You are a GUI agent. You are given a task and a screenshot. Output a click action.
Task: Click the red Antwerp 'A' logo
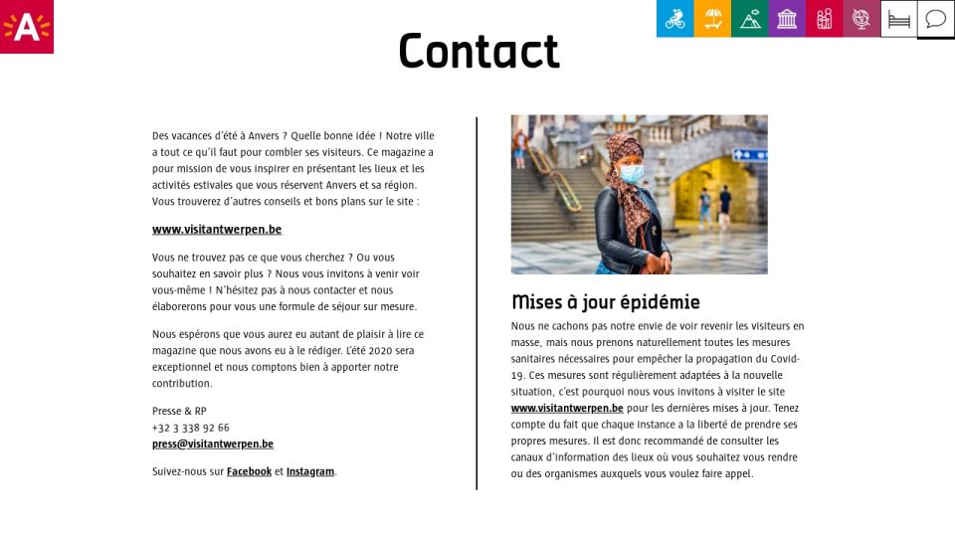click(x=27, y=27)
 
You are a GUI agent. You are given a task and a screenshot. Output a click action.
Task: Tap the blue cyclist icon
click(x=674, y=19)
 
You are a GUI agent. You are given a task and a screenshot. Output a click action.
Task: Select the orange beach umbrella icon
click(x=712, y=19)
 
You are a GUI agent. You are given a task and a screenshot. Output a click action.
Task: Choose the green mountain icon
click(x=750, y=19)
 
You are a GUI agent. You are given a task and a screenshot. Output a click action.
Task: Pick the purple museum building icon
click(x=787, y=19)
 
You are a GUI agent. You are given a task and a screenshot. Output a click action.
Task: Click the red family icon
click(x=824, y=19)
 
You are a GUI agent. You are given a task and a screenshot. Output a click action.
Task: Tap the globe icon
click(x=861, y=19)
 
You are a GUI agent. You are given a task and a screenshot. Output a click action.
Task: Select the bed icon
click(x=898, y=19)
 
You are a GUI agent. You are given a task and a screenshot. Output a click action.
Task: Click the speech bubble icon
click(x=935, y=19)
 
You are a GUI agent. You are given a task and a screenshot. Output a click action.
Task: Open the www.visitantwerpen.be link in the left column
click(x=217, y=230)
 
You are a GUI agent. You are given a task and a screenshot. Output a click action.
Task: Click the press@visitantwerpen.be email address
click(x=213, y=445)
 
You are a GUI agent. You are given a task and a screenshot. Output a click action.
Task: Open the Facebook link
click(x=249, y=471)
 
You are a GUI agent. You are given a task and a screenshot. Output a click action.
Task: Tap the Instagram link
click(x=310, y=471)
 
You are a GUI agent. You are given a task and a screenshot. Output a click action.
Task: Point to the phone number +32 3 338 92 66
click(x=191, y=428)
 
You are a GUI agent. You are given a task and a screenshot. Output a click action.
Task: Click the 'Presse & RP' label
click(x=179, y=411)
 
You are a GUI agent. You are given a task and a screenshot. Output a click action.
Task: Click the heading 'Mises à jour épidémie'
click(x=606, y=302)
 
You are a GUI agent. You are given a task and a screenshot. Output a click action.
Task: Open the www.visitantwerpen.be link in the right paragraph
click(x=567, y=408)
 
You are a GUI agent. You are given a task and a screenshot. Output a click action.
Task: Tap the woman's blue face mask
click(x=632, y=172)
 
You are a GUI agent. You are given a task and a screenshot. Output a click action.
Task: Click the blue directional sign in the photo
click(x=749, y=155)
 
